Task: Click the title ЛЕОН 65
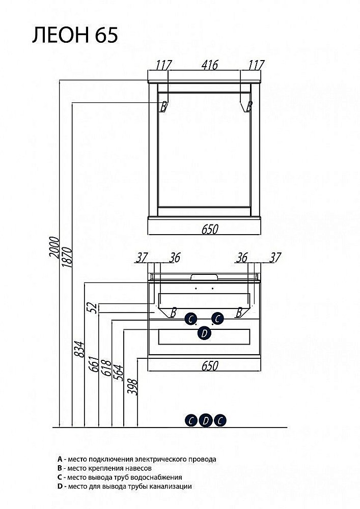tap(75, 35)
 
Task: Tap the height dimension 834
tap(79, 349)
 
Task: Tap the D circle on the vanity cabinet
tap(204, 333)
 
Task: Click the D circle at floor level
tap(205, 420)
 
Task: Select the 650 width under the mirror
tap(209, 229)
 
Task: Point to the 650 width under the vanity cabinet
tap(209, 365)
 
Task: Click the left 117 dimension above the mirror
tap(163, 65)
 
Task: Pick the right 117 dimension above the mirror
tap(256, 65)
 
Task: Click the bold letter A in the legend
tap(60, 459)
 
